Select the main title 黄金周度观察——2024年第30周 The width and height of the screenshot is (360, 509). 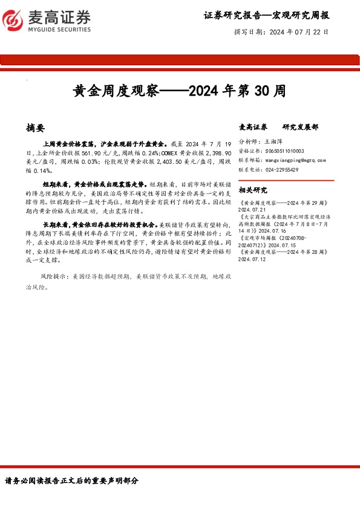pyautogui.click(x=179, y=91)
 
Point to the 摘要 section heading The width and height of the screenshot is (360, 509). pyautogui.click(x=36, y=128)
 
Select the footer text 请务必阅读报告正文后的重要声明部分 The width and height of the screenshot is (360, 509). pyautogui.click(x=72, y=481)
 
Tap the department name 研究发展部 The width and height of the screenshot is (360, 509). pyautogui.click(x=300, y=127)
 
